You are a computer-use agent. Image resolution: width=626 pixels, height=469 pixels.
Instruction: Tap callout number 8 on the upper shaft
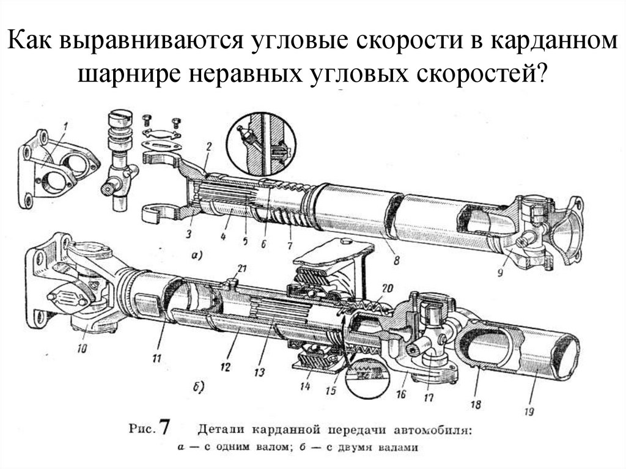(x=396, y=259)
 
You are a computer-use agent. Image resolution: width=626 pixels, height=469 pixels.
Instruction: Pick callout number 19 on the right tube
(x=533, y=410)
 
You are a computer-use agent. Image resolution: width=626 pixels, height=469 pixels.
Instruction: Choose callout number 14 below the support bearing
(x=304, y=386)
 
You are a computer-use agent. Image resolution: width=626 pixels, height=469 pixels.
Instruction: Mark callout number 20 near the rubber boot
(x=386, y=289)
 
